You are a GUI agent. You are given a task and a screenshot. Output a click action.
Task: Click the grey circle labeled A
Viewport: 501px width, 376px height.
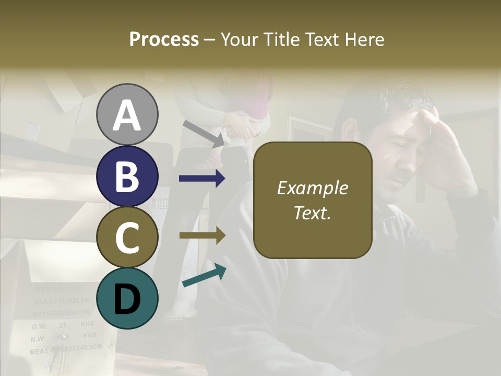(127, 114)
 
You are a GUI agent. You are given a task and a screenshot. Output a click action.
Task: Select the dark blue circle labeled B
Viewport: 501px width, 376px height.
(127, 176)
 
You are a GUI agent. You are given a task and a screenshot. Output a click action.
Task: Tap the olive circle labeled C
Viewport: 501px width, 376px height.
(127, 237)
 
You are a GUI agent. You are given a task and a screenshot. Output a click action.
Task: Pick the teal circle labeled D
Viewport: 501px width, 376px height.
(127, 298)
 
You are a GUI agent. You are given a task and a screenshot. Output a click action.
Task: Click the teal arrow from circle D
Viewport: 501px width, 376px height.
(204, 276)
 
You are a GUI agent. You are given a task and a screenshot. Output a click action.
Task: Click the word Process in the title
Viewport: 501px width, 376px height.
(164, 39)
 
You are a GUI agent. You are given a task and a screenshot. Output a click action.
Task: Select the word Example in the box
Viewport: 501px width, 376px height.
(313, 188)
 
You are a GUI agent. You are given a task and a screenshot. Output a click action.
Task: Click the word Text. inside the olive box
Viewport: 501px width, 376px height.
(313, 213)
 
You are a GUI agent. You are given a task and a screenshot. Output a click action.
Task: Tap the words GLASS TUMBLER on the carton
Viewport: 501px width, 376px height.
(62, 301)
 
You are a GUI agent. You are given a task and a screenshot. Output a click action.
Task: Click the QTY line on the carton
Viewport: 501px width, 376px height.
(62, 313)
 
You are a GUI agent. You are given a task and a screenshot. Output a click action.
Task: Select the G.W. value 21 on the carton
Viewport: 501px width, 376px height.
(63, 325)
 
